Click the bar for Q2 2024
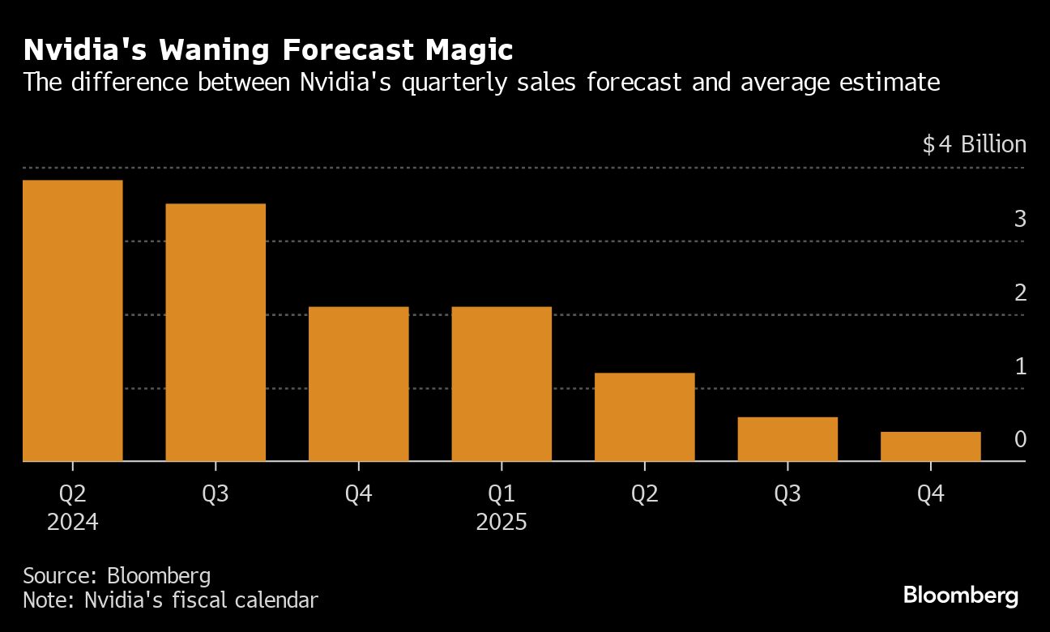(x=73, y=321)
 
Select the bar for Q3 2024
(x=216, y=332)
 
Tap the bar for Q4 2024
(x=359, y=384)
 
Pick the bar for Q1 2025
(x=502, y=384)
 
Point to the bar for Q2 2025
(x=645, y=417)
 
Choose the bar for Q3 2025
(x=787, y=439)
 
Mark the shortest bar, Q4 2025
(x=931, y=446)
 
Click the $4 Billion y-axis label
(x=974, y=145)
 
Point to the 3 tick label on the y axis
(x=1020, y=219)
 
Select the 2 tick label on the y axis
(x=1020, y=293)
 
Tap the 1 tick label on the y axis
(x=1020, y=366)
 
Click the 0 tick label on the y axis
(x=1020, y=440)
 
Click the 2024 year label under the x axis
(x=73, y=522)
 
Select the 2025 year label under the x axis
(x=502, y=522)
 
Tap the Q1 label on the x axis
(x=502, y=493)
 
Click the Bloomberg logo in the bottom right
(x=961, y=596)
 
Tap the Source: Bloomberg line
(x=117, y=576)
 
